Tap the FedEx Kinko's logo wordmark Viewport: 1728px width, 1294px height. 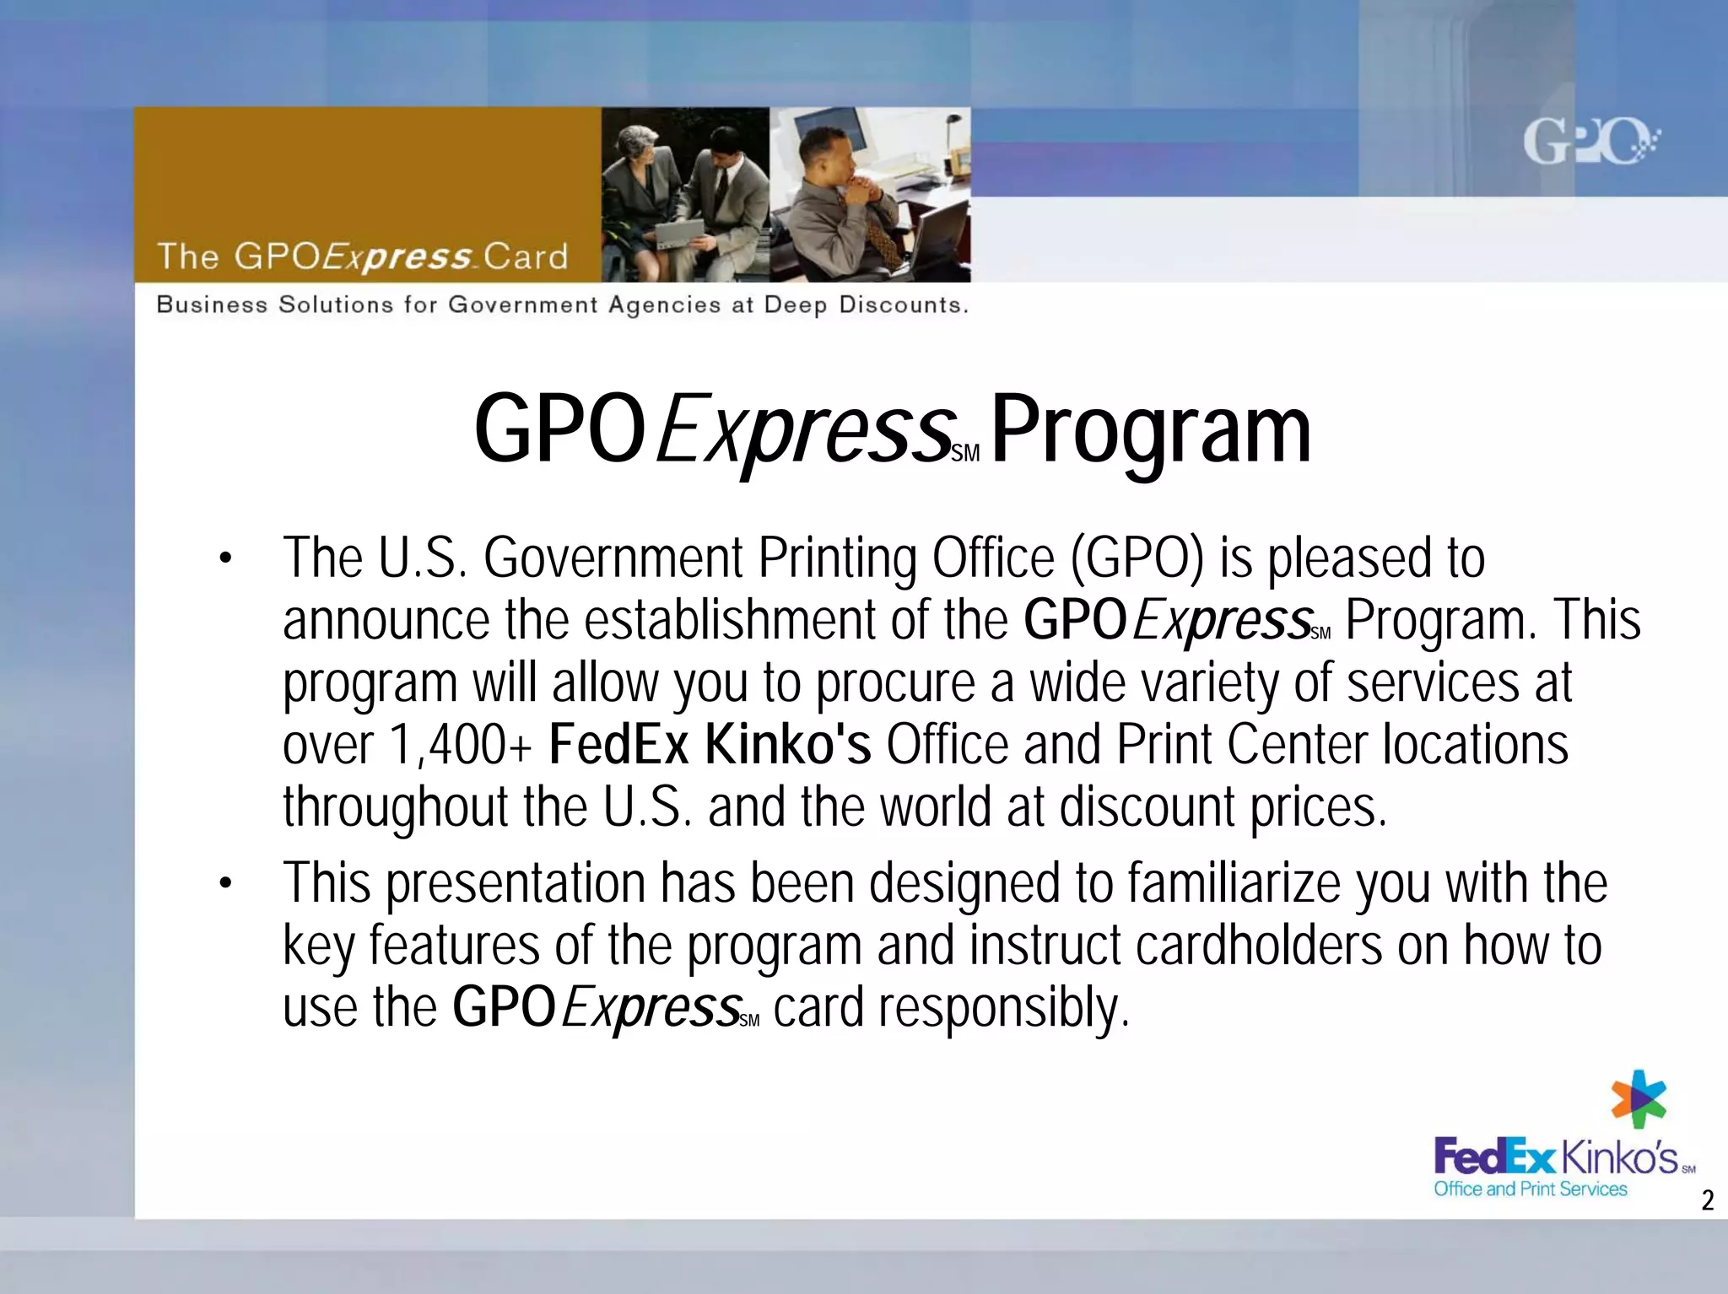[x=1557, y=1157]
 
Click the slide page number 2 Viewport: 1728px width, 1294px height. [x=1707, y=1200]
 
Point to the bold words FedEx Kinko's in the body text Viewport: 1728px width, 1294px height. [x=710, y=746]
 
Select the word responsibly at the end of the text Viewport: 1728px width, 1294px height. [x=1003, y=1007]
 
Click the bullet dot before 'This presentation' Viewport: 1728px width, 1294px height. [x=224, y=884]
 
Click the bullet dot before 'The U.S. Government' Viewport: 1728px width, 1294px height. [x=224, y=558]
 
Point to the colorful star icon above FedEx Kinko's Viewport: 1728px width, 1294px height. [x=1639, y=1098]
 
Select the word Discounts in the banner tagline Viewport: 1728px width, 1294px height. [x=903, y=305]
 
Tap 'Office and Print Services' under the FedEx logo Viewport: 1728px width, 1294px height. [x=1531, y=1189]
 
